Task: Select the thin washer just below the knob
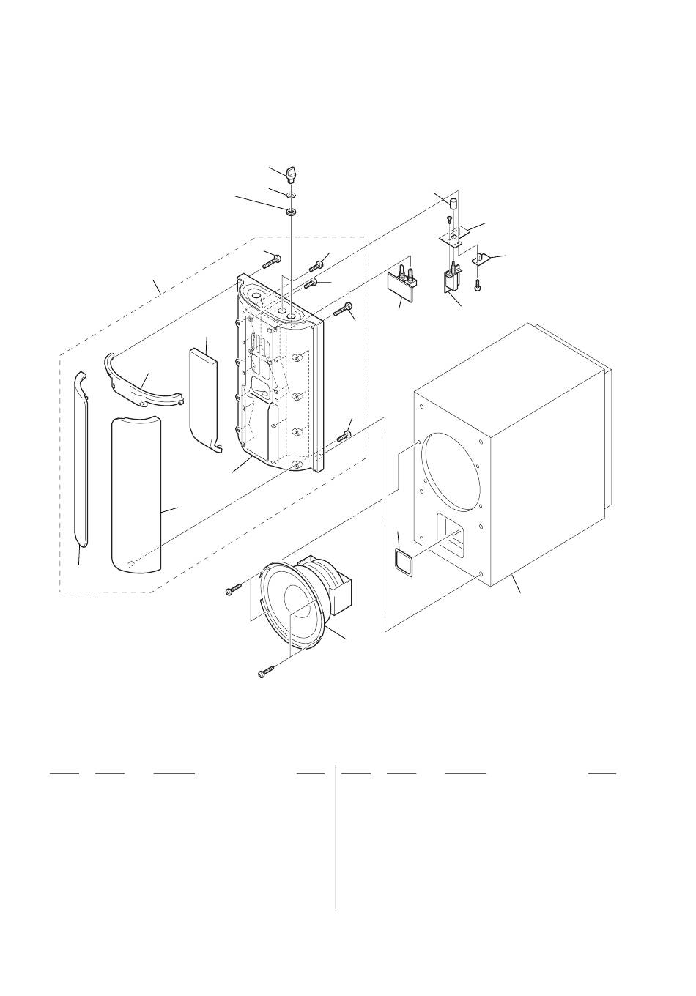[x=291, y=196]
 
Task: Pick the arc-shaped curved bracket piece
[x=141, y=383]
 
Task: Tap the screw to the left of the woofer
[x=234, y=590]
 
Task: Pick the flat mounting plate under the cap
[x=454, y=235]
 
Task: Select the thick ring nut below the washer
[x=291, y=212]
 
